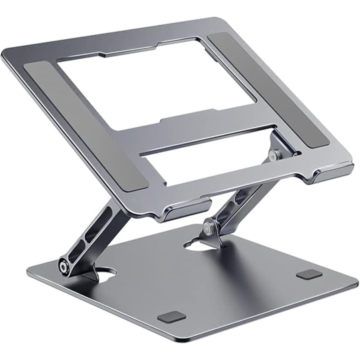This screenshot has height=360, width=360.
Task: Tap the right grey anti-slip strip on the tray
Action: tap(267, 90)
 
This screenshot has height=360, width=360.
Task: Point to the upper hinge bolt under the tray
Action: tap(272, 156)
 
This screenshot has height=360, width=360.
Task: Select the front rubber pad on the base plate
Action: tap(171, 316)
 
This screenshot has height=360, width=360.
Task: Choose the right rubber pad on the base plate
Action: tap(308, 274)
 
